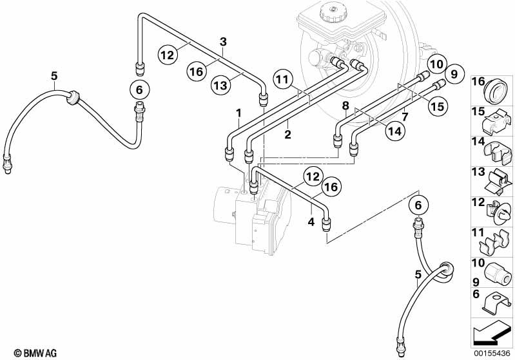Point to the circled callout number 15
pyautogui.click(x=438, y=106)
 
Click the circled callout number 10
pyautogui.click(x=436, y=64)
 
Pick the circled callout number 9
pyautogui.click(x=454, y=75)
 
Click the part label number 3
pyautogui.click(x=224, y=42)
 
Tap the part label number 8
pyautogui.click(x=345, y=106)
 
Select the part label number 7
pyautogui.click(x=405, y=116)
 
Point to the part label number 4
pyautogui.click(x=311, y=222)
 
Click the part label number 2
pyautogui.click(x=287, y=134)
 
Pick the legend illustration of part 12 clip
pyautogui.click(x=498, y=212)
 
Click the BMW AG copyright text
pyautogui.click(x=35, y=353)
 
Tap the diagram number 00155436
pyautogui.click(x=492, y=354)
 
